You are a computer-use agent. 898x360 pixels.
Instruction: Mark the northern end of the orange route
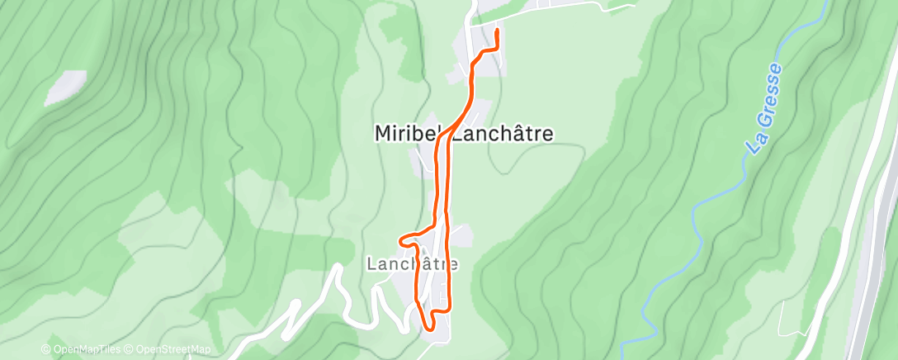pyautogui.click(x=497, y=31)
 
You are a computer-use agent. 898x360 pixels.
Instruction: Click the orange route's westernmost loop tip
pyautogui.click(x=402, y=240)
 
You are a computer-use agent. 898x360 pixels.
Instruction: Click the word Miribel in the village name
pyautogui.click(x=409, y=133)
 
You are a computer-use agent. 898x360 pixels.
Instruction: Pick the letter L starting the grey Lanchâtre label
pyautogui.click(x=370, y=264)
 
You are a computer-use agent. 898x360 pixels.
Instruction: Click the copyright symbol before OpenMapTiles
pyautogui.click(x=45, y=349)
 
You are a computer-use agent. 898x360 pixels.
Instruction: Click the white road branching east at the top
pyautogui.click(x=561, y=7)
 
